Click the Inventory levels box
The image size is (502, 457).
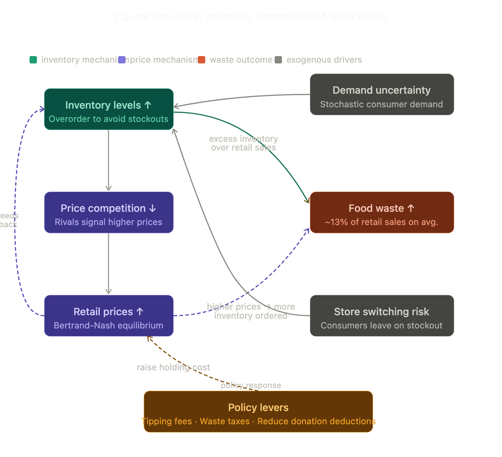(x=109, y=109)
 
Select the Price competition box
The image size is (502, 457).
(x=109, y=212)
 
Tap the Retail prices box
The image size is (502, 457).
(x=109, y=316)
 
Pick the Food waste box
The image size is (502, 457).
(x=382, y=212)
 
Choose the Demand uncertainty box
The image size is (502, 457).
(x=382, y=94)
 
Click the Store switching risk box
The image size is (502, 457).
(x=382, y=316)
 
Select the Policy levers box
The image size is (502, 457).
(x=258, y=411)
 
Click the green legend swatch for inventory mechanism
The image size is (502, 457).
(x=33, y=60)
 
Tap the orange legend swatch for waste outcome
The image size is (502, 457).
(x=201, y=60)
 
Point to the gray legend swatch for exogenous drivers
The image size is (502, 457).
(x=278, y=60)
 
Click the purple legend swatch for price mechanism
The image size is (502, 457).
(x=122, y=60)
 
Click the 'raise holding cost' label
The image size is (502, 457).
(x=173, y=367)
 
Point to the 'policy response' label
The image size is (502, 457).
(x=251, y=385)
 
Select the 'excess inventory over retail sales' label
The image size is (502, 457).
(x=243, y=143)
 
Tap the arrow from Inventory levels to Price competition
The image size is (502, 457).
(x=108, y=160)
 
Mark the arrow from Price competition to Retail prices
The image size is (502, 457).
(x=108, y=264)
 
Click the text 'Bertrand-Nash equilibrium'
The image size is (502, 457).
(x=108, y=325)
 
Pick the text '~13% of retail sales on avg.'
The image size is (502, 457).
(x=381, y=222)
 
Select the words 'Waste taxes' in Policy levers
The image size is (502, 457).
(x=225, y=421)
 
